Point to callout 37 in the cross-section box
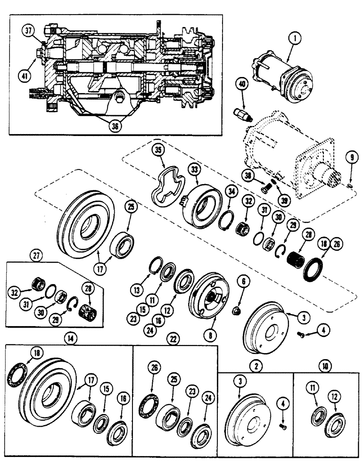click(x=28, y=32)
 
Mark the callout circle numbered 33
click(x=195, y=169)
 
